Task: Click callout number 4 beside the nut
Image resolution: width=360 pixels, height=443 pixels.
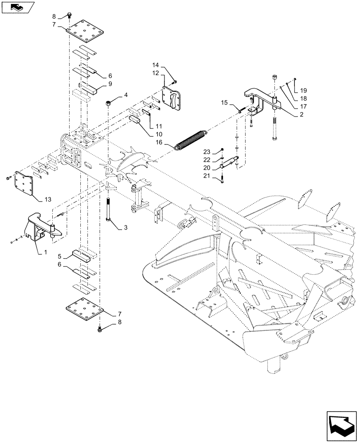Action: [126, 95]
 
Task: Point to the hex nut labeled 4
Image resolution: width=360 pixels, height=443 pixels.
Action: [109, 103]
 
